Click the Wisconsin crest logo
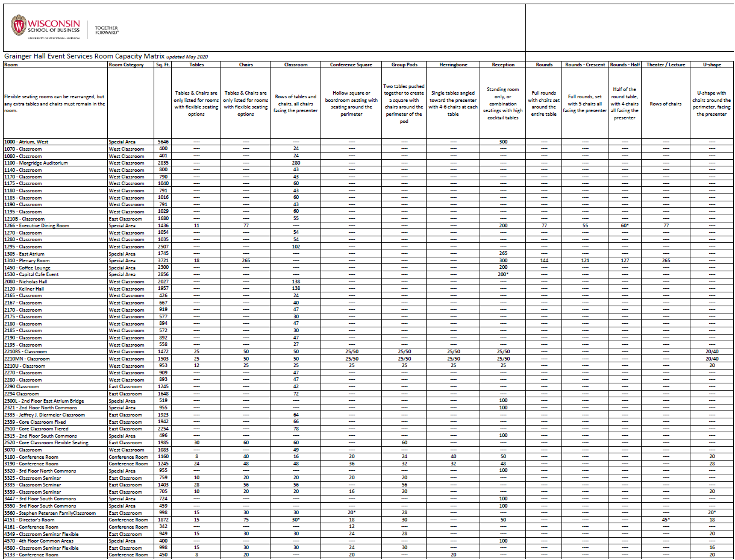19,26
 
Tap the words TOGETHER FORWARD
107,30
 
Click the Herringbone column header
453,64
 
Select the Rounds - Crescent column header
584,64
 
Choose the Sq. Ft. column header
163,64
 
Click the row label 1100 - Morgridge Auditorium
36,163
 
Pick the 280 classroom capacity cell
296,163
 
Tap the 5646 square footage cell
163,142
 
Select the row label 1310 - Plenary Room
27,260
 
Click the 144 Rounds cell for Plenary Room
544,260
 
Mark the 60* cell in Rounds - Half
625,225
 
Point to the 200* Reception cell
503,274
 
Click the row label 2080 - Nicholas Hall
25,282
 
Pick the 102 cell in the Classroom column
296,247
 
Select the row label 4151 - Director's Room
29,520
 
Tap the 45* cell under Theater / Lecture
666,520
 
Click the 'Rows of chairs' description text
666,104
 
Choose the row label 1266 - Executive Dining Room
36,225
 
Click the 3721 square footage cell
163,260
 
